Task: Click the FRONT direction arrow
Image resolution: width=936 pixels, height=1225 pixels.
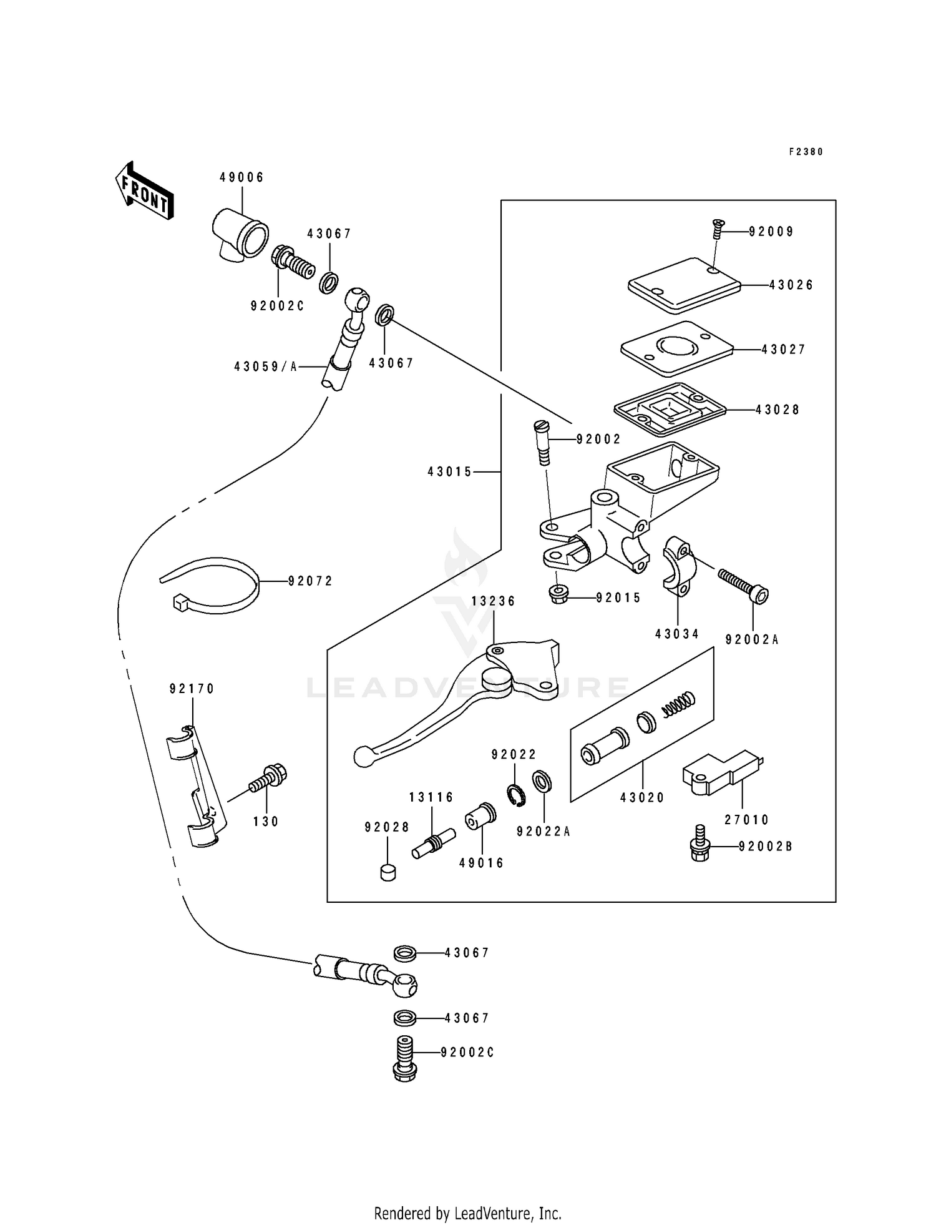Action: [144, 190]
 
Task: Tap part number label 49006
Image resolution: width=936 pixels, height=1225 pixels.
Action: [241, 177]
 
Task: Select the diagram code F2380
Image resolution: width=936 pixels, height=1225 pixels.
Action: [806, 152]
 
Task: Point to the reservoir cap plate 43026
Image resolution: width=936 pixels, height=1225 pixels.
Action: [683, 286]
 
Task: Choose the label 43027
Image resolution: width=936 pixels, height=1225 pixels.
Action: [784, 350]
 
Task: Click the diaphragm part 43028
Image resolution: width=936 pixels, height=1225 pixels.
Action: [670, 410]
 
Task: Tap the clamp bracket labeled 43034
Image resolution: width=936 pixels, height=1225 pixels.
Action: [678, 565]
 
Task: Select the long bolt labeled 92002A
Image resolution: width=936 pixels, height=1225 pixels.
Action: [743, 584]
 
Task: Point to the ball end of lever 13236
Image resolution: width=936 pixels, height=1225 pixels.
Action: [362, 757]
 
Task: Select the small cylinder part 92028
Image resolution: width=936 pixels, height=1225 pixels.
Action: [388, 871]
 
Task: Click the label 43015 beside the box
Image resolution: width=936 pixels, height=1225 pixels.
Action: [449, 472]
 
